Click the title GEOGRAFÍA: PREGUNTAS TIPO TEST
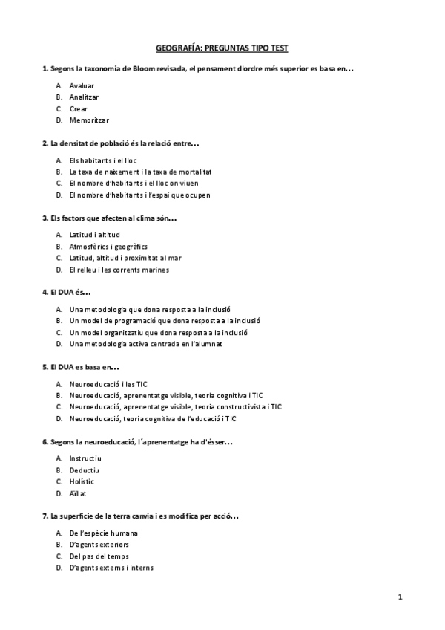(222, 48)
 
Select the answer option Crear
(78, 108)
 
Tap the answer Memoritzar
(88, 120)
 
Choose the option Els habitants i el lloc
(102, 160)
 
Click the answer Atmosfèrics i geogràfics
(108, 246)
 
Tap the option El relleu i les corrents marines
(119, 270)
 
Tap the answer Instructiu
(84, 459)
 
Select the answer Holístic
(82, 481)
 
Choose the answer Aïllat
(78, 493)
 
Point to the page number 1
(400, 597)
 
